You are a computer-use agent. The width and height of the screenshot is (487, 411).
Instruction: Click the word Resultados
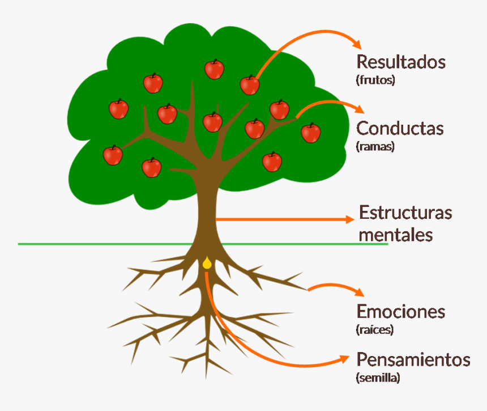click(x=400, y=62)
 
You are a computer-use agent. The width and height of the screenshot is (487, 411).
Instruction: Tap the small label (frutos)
click(x=375, y=79)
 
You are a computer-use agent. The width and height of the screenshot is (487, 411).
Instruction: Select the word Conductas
click(x=400, y=129)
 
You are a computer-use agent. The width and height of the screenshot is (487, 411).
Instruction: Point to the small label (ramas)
click(x=375, y=146)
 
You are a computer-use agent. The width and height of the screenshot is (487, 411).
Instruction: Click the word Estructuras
click(x=405, y=213)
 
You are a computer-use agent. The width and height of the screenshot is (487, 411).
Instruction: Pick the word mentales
click(x=396, y=234)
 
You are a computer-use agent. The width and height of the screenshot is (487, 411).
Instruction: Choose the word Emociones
click(x=401, y=311)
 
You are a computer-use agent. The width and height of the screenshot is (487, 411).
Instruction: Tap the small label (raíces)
click(x=375, y=329)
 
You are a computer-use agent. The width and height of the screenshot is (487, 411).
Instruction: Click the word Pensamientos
click(x=413, y=359)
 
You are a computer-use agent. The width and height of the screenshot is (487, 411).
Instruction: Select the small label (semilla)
click(x=378, y=378)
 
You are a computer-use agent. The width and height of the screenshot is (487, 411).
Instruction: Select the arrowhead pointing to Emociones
click(x=358, y=292)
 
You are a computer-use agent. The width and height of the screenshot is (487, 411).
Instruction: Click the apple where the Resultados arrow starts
click(x=249, y=85)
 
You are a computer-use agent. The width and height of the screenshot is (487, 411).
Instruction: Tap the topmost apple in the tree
click(x=214, y=69)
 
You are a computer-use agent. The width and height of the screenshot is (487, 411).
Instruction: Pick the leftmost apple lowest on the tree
click(x=113, y=155)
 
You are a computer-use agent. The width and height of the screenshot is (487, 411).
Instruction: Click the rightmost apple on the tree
click(x=310, y=133)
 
